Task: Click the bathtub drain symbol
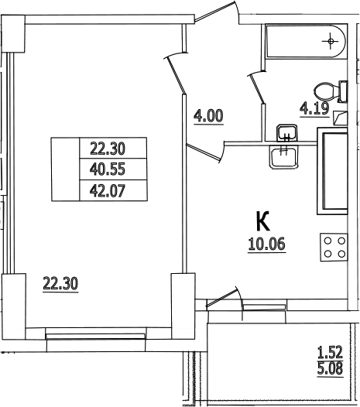tap(331, 41)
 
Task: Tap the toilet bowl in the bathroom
tap(326, 92)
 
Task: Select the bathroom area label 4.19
tap(314, 109)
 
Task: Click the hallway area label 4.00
tap(208, 117)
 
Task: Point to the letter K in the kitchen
tap(263, 221)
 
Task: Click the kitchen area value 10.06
tap(267, 245)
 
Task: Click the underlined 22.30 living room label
tap(60, 284)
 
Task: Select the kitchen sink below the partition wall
tap(283, 157)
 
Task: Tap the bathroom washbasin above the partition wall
tap(286, 132)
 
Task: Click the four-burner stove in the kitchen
tap(334, 248)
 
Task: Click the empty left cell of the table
tap(66, 169)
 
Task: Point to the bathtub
tap(306, 41)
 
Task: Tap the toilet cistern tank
tap(343, 91)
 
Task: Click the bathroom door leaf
tap(256, 88)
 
